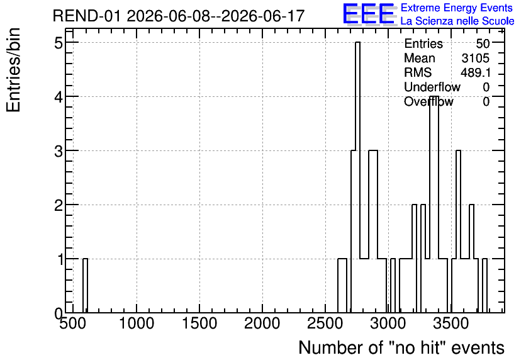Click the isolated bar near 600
(85, 286)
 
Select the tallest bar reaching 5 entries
(357, 177)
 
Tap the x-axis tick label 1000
(137, 323)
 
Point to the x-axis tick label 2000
(262, 323)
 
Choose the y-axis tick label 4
(59, 98)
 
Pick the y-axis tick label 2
(59, 205)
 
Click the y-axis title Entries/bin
(13, 70)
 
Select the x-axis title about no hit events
(401, 347)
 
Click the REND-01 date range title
(179, 16)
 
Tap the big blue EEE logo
(369, 14)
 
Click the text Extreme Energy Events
(457, 8)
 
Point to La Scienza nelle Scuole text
(457, 21)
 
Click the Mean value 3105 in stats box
(475, 58)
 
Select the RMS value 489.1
(475, 72)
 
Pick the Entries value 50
(483, 43)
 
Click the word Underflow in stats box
(432, 87)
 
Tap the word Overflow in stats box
(428, 101)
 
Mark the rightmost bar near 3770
(484, 286)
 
